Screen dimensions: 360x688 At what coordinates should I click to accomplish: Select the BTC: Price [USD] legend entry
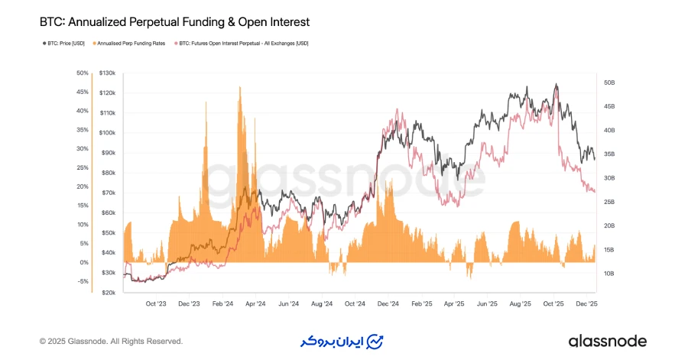tap(64, 44)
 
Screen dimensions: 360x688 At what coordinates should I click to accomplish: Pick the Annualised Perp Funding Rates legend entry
tap(129, 44)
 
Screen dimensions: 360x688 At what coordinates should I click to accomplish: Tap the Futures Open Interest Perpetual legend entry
tap(244, 44)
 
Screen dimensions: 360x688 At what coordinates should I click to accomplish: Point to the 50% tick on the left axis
tap(83, 73)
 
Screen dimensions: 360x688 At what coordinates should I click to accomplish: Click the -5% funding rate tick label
tap(83, 281)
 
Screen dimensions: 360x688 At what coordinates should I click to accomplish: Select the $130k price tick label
tap(107, 73)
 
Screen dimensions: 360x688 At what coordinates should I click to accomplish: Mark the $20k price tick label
tap(107, 292)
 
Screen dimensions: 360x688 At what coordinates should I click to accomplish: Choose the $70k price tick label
tap(107, 193)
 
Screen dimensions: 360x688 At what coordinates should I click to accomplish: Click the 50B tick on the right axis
tap(609, 83)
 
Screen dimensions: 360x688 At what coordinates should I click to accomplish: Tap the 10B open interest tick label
tap(609, 274)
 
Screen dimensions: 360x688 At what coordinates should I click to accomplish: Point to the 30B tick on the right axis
tap(609, 178)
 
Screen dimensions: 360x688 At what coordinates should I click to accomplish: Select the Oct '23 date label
tap(155, 303)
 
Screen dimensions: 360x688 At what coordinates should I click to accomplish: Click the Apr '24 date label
tap(255, 303)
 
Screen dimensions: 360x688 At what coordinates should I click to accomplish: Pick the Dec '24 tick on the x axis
tap(388, 303)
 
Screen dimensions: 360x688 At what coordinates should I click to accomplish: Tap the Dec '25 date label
tap(587, 303)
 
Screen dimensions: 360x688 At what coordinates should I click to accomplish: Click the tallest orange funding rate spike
tap(240, 87)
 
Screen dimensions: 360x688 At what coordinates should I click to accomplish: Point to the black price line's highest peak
tap(557, 85)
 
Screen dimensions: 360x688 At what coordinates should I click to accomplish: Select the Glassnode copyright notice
tap(111, 341)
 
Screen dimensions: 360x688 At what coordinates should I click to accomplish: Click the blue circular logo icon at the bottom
tap(375, 341)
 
